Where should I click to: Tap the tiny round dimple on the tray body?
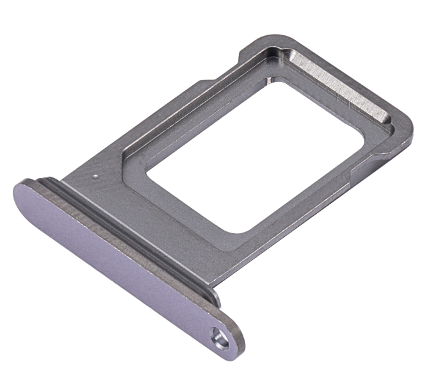point(95,176)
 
